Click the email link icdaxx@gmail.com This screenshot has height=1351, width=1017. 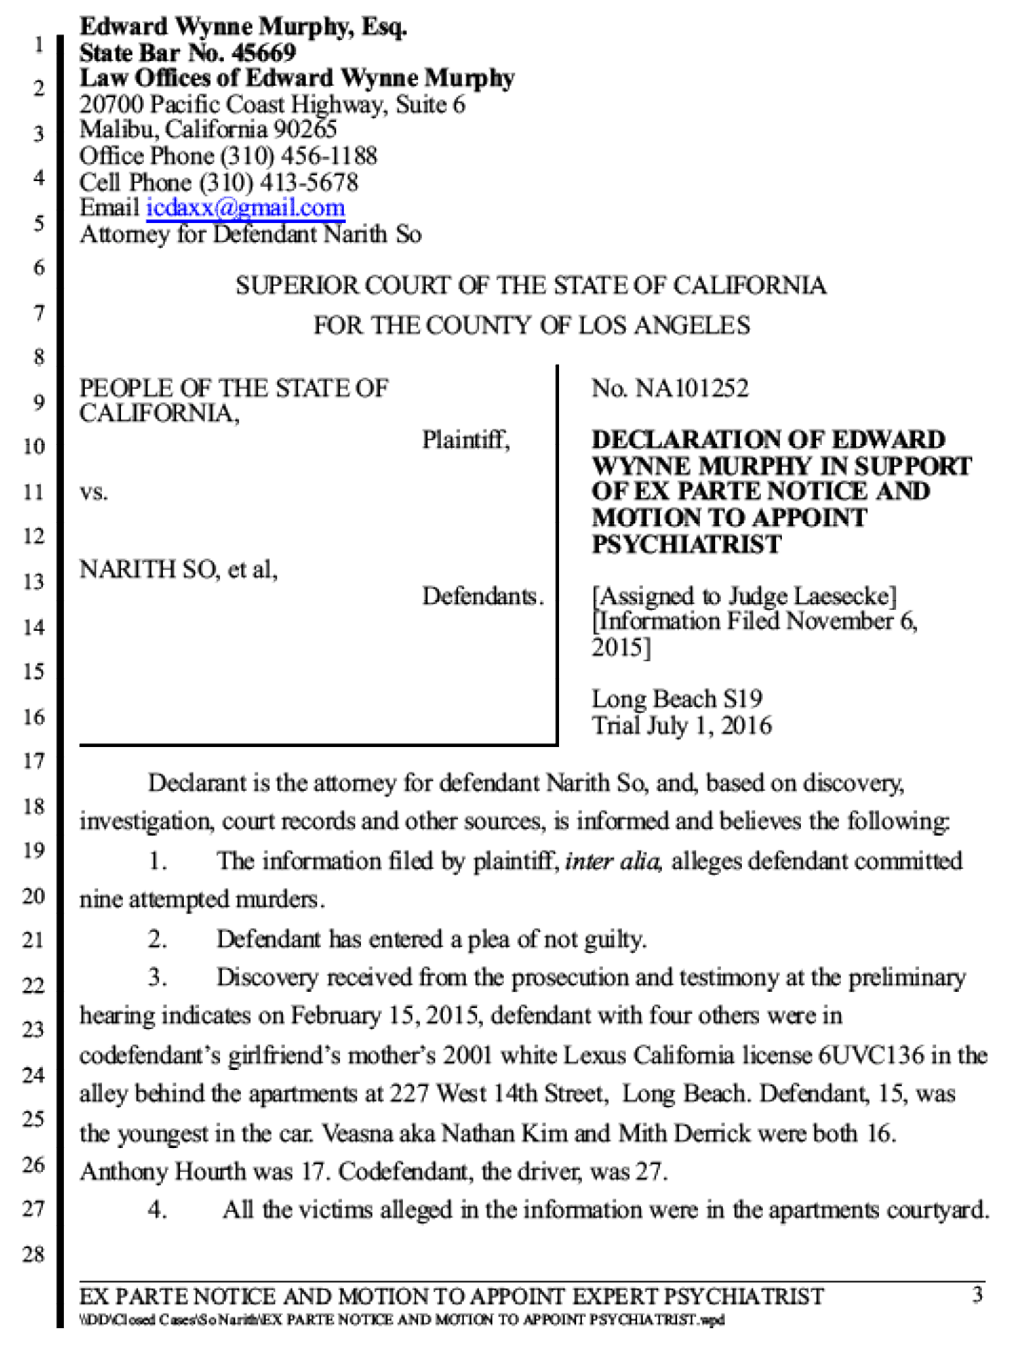point(246,208)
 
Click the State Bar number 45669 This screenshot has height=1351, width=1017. point(264,53)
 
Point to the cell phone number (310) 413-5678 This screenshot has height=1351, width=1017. point(279,182)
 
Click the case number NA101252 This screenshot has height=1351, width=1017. point(691,389)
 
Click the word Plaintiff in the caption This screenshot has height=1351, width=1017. point(466,440)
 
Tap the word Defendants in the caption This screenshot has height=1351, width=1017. point(483,595)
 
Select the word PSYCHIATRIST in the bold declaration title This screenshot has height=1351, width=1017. point(687,544)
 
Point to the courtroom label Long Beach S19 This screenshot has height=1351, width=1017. point(677,699)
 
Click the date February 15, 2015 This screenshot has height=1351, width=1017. point(384,1017)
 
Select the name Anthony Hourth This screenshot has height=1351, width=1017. point(163,1171)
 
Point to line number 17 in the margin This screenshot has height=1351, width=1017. point(34,761)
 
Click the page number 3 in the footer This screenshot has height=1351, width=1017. point(977,1295)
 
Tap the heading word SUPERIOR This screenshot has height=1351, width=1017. point(298,286)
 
